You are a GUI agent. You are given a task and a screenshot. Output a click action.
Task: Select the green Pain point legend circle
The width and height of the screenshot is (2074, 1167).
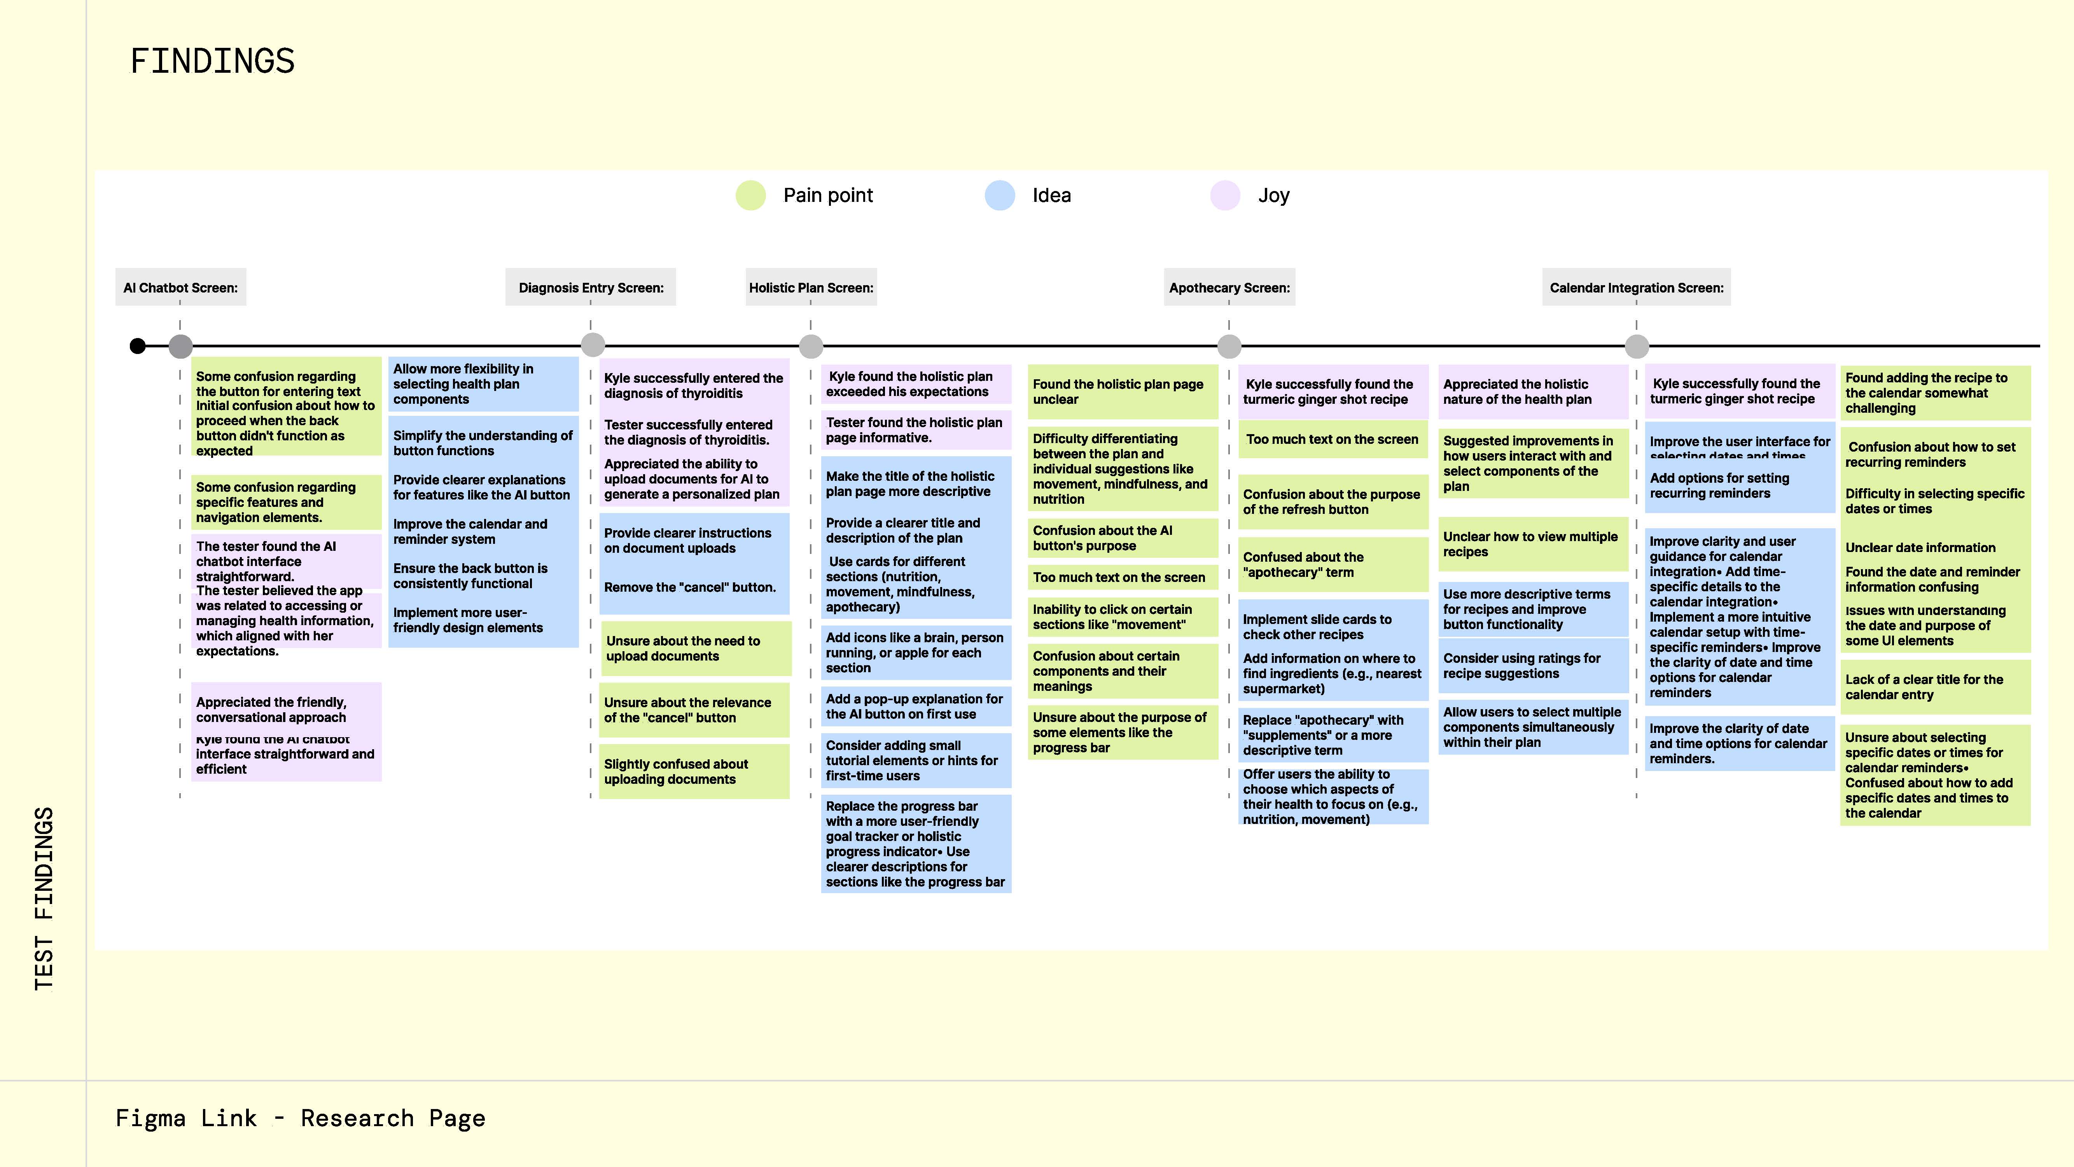(750, 196)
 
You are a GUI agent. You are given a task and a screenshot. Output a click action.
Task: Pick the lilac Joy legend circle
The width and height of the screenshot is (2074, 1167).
(1224, 196)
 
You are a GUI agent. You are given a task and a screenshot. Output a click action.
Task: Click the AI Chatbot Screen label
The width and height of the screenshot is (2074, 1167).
(180, 287)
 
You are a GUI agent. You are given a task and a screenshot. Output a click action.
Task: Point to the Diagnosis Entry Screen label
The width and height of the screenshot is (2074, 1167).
(591, 287)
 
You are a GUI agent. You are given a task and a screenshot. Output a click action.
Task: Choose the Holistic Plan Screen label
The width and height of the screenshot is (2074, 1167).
(811, 287)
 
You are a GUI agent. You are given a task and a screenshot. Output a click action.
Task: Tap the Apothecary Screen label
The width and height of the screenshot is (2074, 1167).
(1229, 287)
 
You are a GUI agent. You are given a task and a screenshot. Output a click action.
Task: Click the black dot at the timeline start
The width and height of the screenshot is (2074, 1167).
(138, 346)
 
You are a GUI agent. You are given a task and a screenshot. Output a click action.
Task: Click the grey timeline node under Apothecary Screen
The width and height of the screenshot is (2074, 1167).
(1229, 346)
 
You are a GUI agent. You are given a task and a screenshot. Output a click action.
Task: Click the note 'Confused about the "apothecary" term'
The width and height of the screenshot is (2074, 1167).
(1333, 564)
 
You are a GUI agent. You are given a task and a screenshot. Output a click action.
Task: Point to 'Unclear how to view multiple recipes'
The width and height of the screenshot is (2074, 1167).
(1530, 545)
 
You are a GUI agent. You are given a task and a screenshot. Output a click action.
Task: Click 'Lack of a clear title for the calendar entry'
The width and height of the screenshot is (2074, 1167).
(1924, 687)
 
